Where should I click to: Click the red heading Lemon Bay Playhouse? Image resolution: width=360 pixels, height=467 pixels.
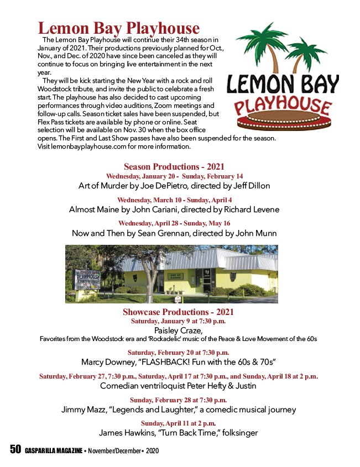click(x=118, y=28)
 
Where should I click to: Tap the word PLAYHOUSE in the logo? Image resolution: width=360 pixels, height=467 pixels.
click(x=281, y=105)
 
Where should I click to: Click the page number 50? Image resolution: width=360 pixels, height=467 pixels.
click(x=15, y=450)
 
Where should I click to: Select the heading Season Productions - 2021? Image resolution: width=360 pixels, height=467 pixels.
click(x=174, y=166)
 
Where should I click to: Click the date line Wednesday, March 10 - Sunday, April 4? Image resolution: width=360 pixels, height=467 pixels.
click(x=174, y=200)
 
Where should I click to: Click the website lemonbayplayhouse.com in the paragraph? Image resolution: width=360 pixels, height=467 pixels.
click(x=76, y=147)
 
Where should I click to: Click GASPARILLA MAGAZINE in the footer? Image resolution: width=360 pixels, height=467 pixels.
click(x=53, y=451)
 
